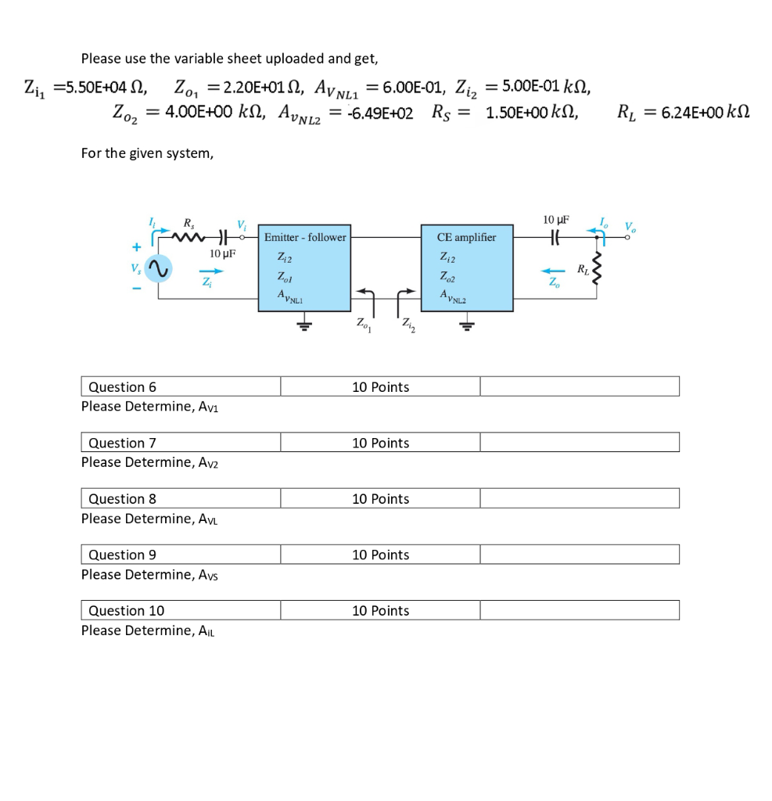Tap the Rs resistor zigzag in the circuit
coord(191,235)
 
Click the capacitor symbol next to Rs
coord(222,235)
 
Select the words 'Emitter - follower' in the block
coord(305,237)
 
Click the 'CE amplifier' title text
coord(467,237)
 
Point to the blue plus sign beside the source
coord(137,247)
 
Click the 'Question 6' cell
coord(181,387)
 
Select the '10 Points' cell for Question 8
coord(380,499)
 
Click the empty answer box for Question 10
coord(579,611)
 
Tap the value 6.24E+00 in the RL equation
coord(695,113)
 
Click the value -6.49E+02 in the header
coord(380,113)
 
